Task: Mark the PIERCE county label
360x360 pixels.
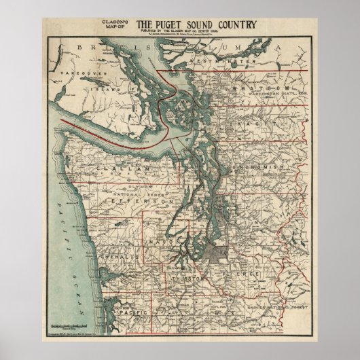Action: coord(245,273)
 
